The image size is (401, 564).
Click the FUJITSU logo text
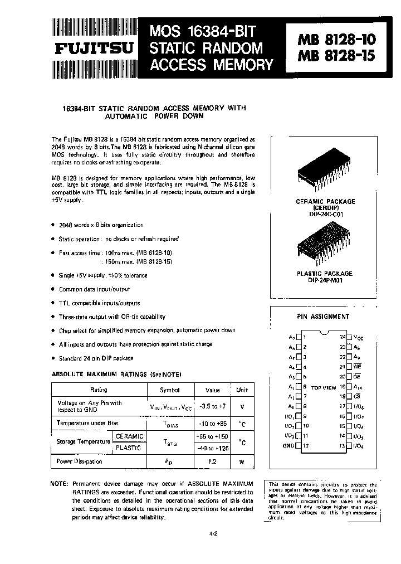click(93, 48)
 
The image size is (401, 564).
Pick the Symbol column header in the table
click(170, 390)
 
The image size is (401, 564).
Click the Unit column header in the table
click(242, 390)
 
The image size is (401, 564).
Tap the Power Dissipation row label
click(80, 461)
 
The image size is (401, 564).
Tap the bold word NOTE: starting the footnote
click(59, 483)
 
